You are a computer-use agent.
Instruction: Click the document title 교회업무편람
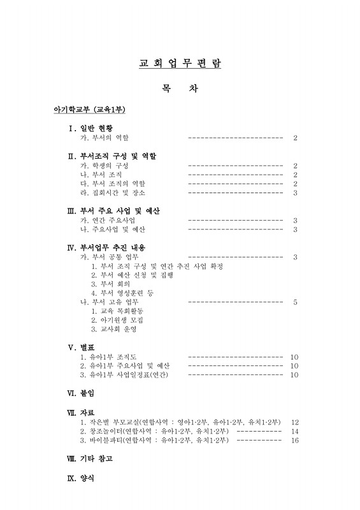pos(180,64)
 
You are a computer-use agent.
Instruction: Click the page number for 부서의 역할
pos(295,138)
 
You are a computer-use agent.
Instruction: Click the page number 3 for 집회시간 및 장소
pos(295,193)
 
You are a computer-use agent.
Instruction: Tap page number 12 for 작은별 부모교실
pos(294,422)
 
